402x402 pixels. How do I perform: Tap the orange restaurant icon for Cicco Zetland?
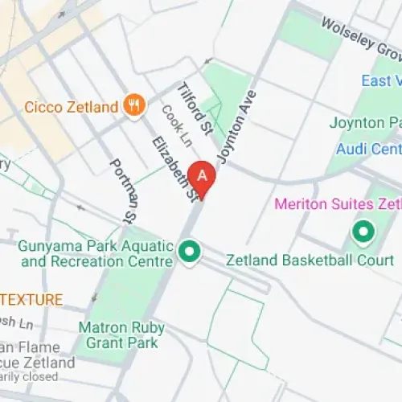(134, 105)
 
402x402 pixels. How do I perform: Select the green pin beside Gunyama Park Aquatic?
(190, 252)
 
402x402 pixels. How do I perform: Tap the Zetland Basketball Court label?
(310, 260)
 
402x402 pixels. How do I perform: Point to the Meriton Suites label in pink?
(337, 203)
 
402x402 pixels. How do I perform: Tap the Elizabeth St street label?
(174, 167)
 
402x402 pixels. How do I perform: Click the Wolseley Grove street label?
(361, 38)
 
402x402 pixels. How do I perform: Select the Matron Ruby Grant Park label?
(121, 336)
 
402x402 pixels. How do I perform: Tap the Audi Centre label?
(369, 149)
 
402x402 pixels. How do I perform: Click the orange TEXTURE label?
(32, 300)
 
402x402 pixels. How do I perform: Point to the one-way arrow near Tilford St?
(208, 60)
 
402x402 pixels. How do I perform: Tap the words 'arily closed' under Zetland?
(29, 376)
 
